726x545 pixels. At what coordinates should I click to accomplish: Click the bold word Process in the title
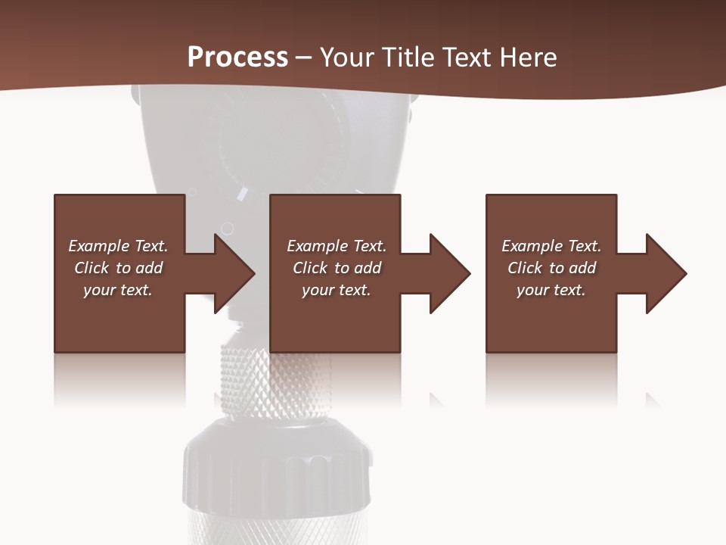237,58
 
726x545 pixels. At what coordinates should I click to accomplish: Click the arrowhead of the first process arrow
235,273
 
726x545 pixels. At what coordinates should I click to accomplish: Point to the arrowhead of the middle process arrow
451,273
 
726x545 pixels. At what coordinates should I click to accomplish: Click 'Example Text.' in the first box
118,246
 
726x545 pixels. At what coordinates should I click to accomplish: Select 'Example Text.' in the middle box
337,246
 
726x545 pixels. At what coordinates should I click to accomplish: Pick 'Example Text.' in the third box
551,246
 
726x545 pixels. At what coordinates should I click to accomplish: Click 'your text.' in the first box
118,290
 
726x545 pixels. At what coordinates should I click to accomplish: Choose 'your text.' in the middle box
337,290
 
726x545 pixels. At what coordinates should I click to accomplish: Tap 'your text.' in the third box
551,290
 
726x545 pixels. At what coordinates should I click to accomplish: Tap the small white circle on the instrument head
227,228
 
